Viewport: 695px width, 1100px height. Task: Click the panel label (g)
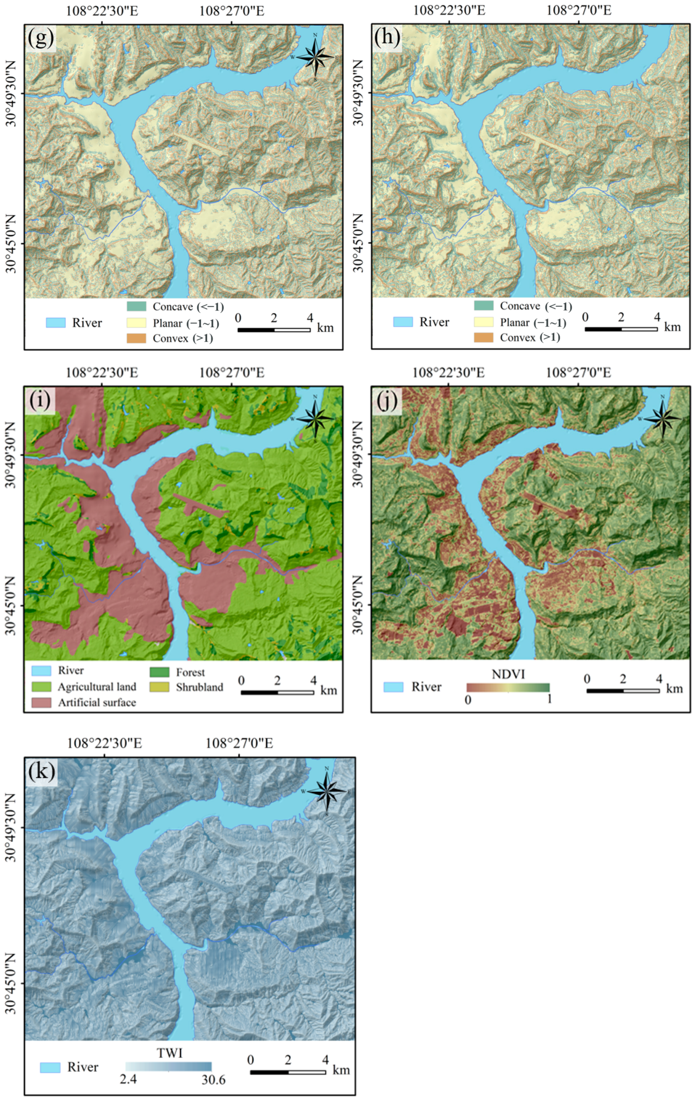[40, 37]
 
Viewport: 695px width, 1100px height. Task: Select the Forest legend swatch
[159, 672]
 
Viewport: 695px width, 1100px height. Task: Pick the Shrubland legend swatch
[159, 687]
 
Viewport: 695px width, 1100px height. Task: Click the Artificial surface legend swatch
[41, 702]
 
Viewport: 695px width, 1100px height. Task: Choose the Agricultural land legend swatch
[41, 687]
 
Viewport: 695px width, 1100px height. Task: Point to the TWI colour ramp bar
[169, 1066]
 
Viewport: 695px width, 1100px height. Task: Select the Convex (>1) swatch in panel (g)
[136, 338]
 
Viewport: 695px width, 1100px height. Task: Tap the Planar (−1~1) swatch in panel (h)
[483, 321]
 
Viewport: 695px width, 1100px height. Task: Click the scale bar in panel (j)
[623, 691]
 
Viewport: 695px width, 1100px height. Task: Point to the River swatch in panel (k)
[50, 1067]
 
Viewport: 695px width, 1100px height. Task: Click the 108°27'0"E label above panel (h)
[579, 10]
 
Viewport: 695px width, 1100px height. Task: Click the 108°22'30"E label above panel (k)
[104, 743]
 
